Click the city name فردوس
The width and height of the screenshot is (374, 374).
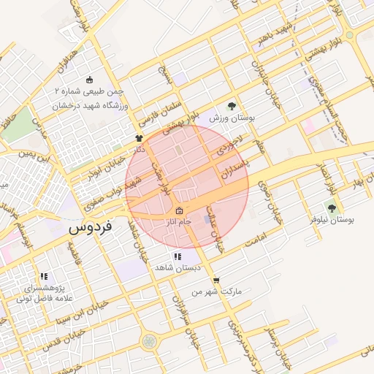(91, 228)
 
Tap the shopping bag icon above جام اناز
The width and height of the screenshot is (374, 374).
(179, 212)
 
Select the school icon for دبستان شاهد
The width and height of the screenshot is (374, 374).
(177, 257)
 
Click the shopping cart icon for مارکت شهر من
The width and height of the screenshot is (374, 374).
(215, 280)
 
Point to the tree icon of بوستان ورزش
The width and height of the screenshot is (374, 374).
(232, 106)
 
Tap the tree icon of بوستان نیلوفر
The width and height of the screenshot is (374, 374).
(332, 208)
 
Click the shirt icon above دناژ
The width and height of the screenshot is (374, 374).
(138, 137)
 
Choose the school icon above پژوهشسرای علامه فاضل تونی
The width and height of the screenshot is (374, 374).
(44, 277)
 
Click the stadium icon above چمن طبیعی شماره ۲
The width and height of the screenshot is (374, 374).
(90, 80)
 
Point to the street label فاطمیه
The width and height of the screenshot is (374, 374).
(77, 257)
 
